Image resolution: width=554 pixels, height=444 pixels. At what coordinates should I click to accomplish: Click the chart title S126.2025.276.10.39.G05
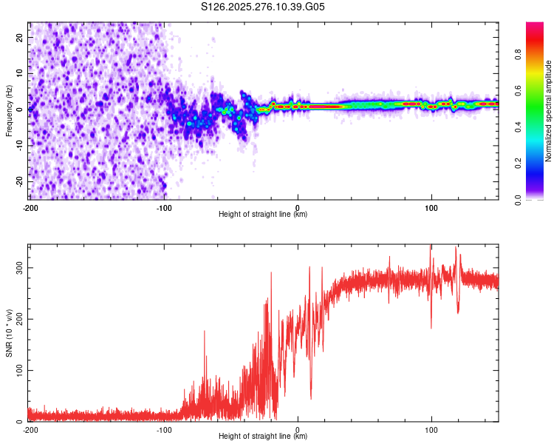coord(263,7)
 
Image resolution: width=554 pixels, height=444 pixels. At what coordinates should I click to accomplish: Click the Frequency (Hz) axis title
coord(9,110)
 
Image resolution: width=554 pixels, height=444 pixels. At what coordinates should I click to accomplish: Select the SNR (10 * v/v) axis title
coord(9,332)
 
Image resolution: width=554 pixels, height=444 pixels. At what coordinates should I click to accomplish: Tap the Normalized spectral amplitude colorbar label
coord(549,111)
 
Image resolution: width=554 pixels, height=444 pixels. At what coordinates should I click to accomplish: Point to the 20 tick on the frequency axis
coord(20,37)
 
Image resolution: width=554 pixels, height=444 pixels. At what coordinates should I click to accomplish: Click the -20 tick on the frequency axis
coord(18,181)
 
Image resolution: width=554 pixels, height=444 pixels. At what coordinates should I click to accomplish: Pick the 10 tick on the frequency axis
coord(20,73)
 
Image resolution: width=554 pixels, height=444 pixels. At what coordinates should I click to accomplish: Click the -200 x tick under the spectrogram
coord(30,207)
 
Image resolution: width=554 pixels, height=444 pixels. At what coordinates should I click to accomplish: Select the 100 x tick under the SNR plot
coord(431,429)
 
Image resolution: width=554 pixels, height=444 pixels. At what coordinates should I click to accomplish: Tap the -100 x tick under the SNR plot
coord(163,429)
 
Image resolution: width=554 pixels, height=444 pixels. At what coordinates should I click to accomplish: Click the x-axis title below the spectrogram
coord(263,215)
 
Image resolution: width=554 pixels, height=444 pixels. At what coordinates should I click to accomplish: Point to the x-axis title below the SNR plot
coord(263,437)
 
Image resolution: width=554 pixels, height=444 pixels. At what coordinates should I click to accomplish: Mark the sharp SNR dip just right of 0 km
coord(310,397)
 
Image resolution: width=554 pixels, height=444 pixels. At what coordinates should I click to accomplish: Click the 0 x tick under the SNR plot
coord(298,429)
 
